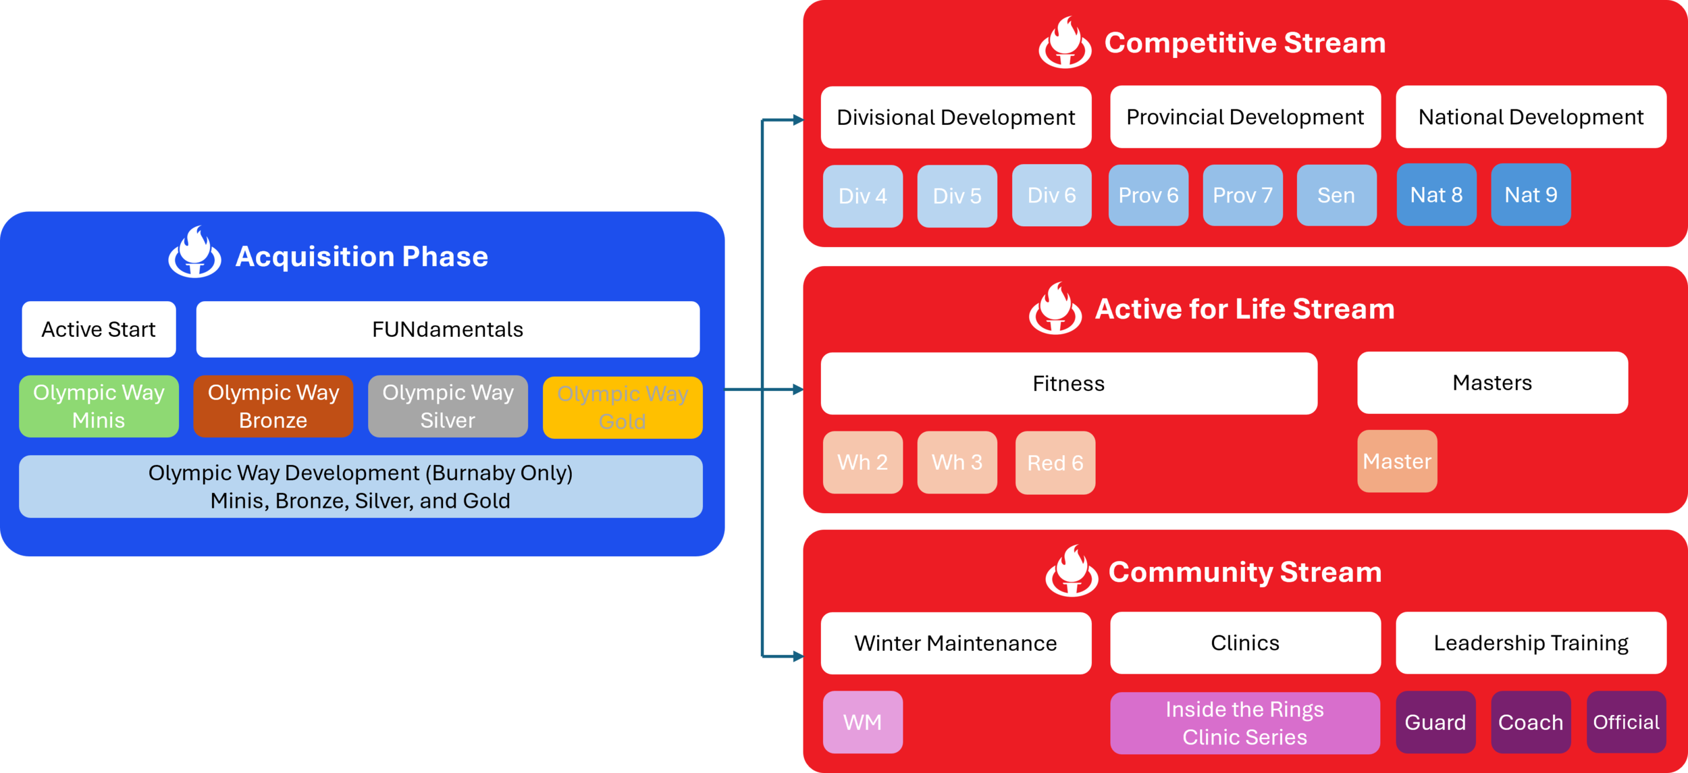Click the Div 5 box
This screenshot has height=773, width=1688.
957,196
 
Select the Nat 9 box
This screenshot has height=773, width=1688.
1531,194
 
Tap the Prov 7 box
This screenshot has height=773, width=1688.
1242,195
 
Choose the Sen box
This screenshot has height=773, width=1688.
1336,195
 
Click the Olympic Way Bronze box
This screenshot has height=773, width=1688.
273,406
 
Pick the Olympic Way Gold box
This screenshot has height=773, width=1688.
623,408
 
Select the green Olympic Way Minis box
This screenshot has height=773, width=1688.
99,406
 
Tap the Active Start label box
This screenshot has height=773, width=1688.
99,329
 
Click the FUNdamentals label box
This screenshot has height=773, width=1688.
448,329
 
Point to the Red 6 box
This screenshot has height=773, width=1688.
1055,463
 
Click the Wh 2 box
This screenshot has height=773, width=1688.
862,462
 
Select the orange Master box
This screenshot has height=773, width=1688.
1397,461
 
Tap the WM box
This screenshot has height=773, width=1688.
862,722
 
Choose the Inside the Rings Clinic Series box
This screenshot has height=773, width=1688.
1245,723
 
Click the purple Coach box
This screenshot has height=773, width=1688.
1531,722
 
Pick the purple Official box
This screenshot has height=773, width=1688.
1627,722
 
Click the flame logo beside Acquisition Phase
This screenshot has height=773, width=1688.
194,252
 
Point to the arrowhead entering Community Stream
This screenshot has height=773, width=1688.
798,656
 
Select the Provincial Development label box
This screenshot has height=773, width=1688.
1245,117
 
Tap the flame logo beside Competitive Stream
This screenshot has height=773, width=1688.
1065,43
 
